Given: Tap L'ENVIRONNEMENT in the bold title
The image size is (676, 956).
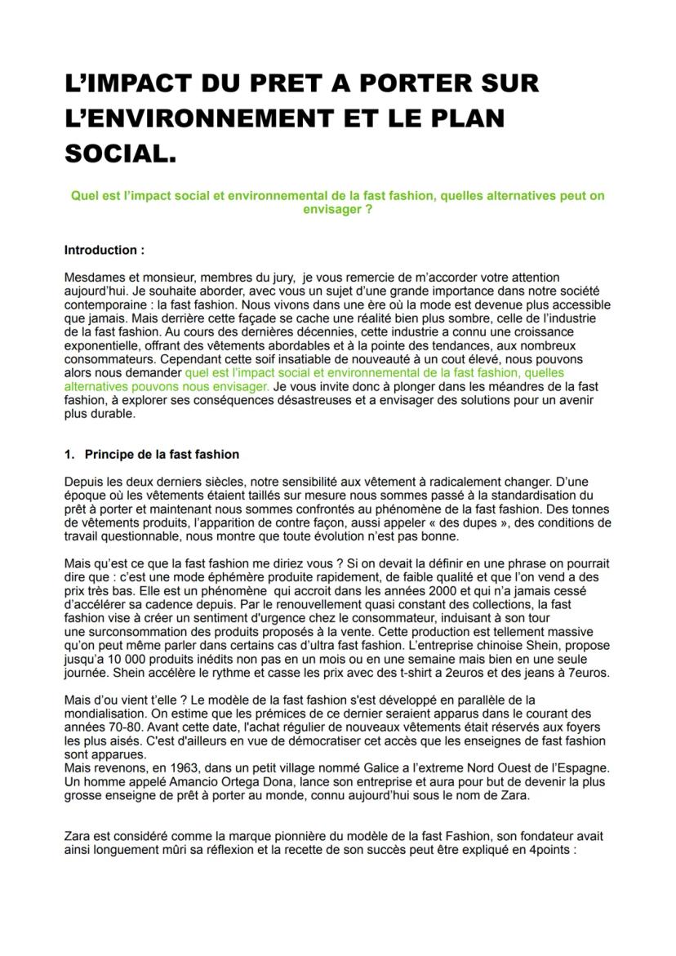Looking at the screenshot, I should click(210, 118).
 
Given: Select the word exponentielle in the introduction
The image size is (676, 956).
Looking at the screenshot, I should click(99, 346).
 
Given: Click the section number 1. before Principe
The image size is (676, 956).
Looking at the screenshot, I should click(69, 454).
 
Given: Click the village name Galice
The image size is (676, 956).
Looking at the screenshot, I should click(345, 768).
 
